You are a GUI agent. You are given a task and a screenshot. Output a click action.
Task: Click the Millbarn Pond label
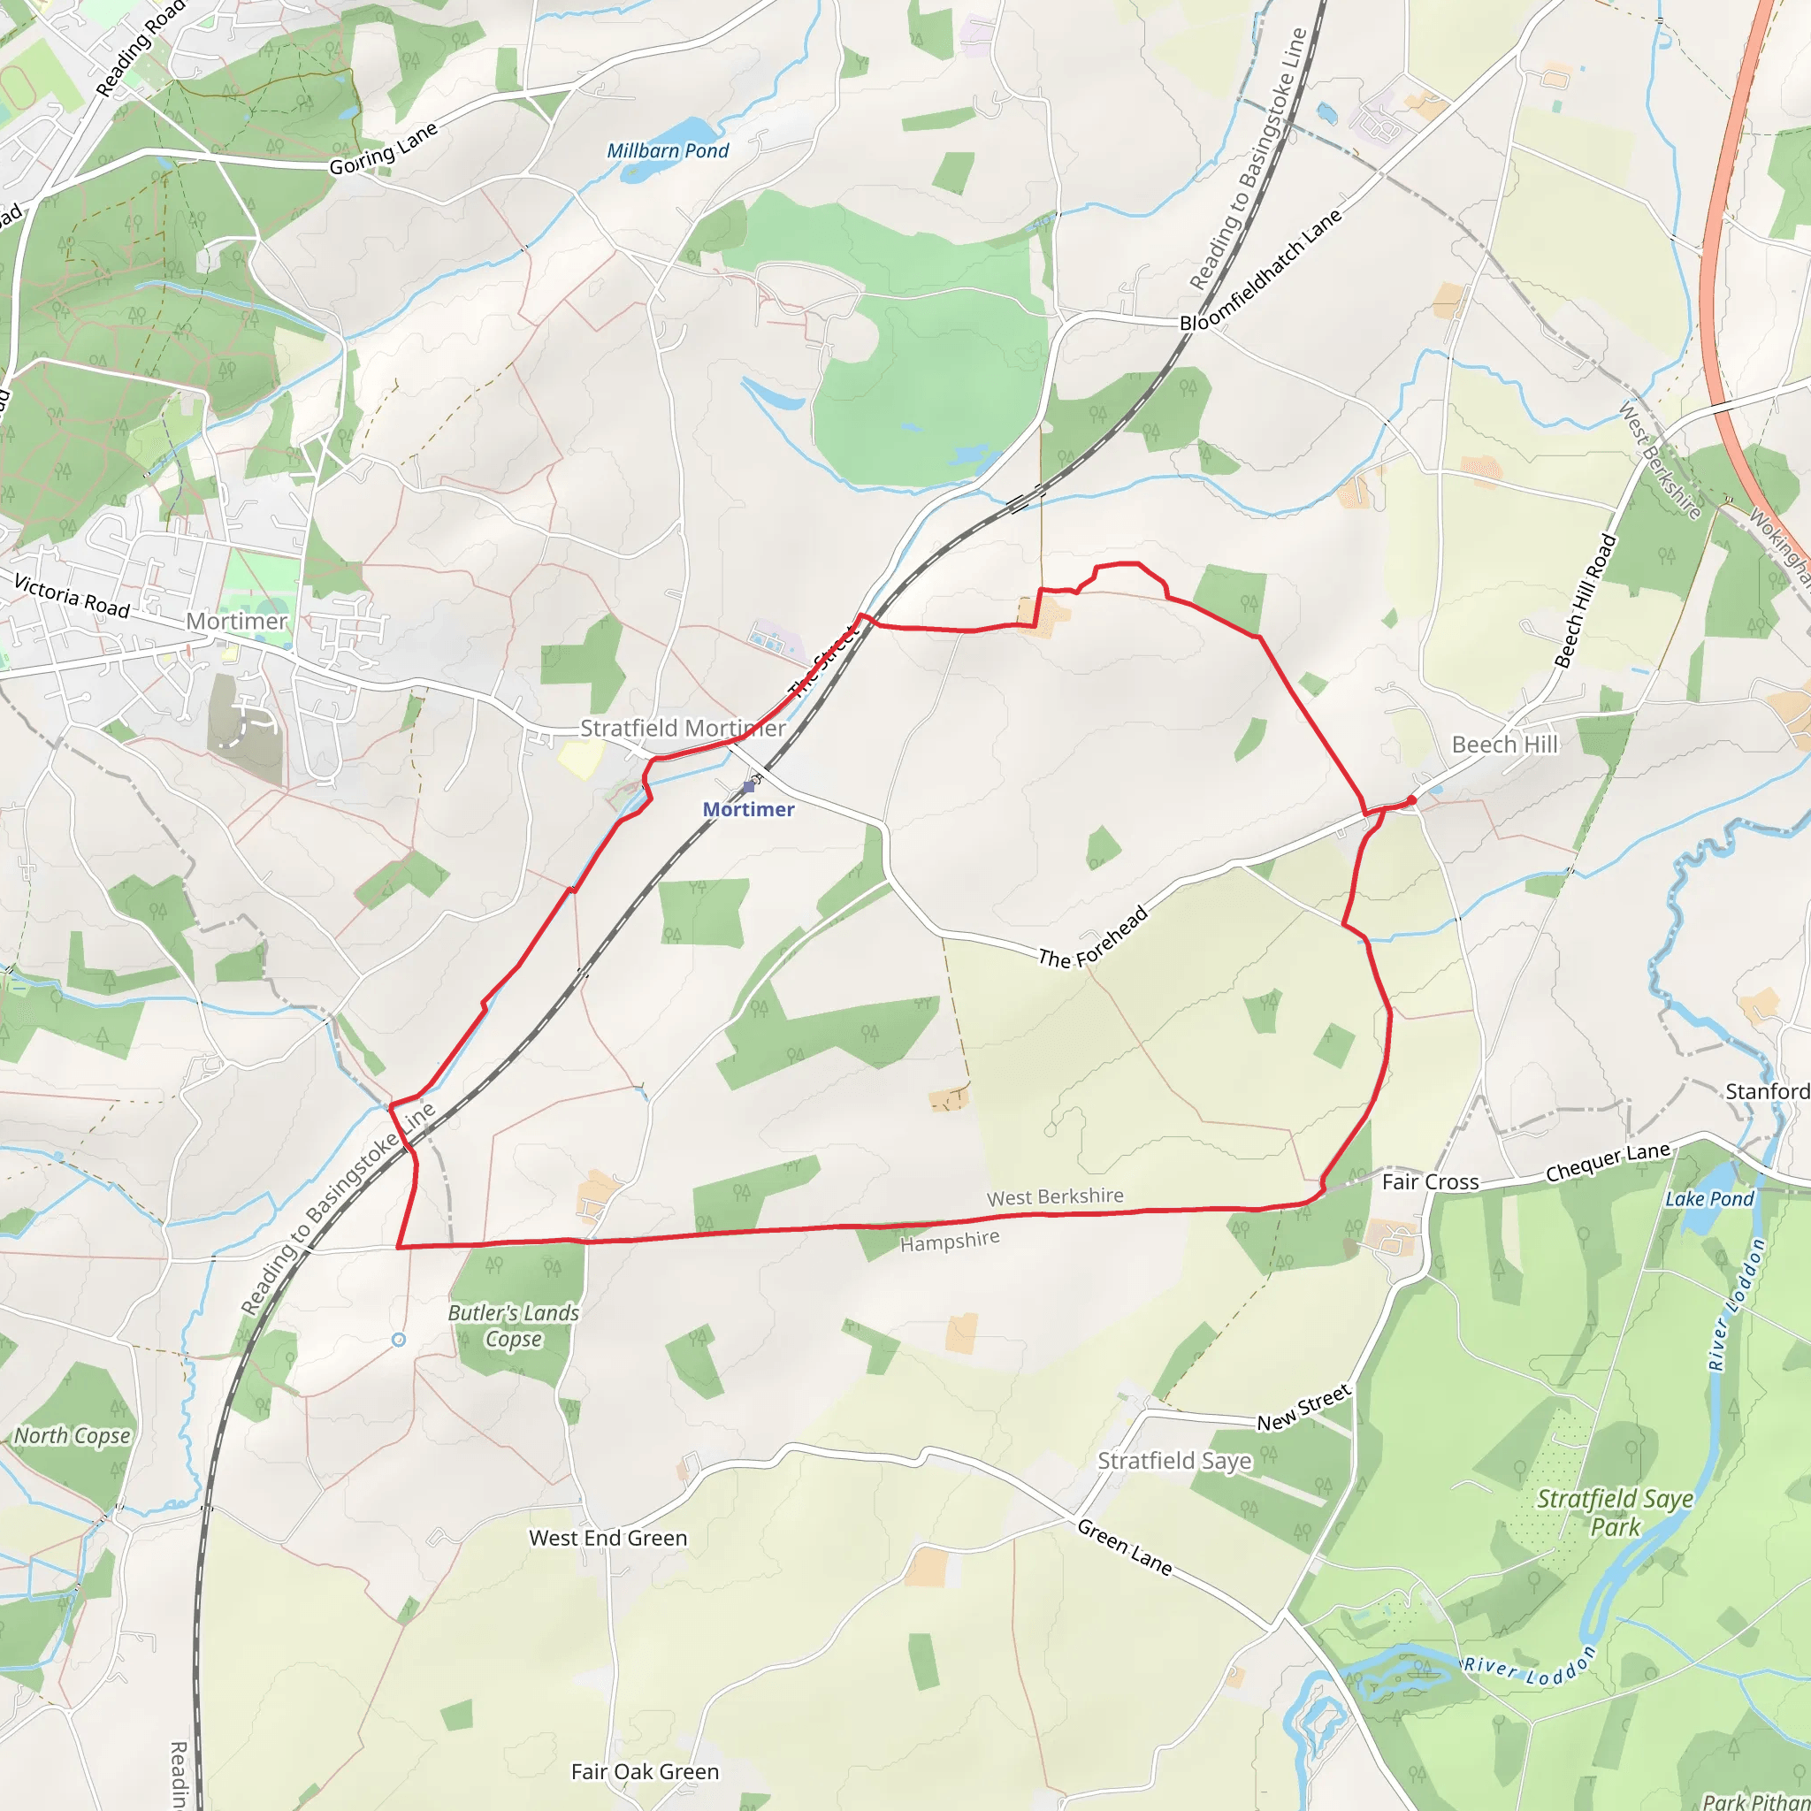(x=668, y=151)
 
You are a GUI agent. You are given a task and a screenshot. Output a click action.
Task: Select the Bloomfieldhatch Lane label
(x=1261, y=270)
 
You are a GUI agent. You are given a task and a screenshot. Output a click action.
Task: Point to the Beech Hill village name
(x=1504, y=745)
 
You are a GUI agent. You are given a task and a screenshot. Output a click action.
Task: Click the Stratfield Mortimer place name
(x=683, y=729)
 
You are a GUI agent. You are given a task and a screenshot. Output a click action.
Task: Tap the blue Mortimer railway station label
(x=748, y=810)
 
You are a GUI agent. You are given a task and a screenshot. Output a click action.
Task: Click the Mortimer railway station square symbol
(x=748, y=787)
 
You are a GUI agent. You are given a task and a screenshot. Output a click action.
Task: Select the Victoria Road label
(x=73, y=596)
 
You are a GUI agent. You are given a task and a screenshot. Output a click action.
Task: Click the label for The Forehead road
(x=1093, y=937)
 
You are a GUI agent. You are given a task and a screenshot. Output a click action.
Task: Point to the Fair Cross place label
(x=1431, y=1182)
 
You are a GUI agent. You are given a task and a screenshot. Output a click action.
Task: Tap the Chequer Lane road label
(x=1608, y=1162)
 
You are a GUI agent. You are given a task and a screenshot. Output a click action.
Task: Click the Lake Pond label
(x=1708, y=1199)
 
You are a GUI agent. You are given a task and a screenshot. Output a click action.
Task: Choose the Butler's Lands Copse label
(x=514, y=1326)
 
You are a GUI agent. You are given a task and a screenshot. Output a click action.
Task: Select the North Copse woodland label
(x=73, y=1436)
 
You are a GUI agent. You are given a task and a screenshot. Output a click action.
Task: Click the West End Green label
(x=607, y=1539)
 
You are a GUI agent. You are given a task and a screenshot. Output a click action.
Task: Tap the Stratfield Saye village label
(x=1174, y=1462)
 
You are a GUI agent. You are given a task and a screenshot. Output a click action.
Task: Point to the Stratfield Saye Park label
(x=1615, y=1513)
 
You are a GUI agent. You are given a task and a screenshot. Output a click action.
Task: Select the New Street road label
(x=1304, y=1408)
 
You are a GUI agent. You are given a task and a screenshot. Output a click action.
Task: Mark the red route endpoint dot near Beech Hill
(x=1411, y=800)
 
